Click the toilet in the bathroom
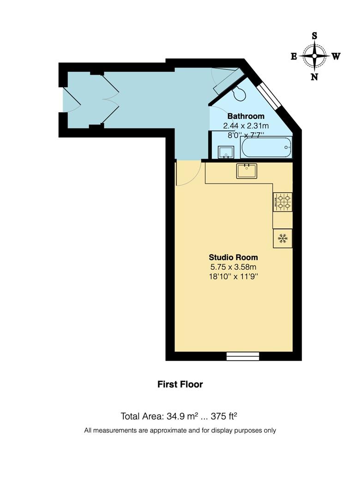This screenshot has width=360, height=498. tap(239, 94)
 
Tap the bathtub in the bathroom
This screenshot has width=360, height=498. tap(266, 148)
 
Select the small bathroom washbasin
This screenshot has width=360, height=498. tap(226, 152)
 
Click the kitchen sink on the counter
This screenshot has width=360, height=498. tap(246, 171)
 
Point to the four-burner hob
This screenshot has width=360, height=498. tap(282, 202)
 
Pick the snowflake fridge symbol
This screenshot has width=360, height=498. tap(282, 238)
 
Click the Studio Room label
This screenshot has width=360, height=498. tap(233, 257)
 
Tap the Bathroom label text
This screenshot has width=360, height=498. tap(246, 116)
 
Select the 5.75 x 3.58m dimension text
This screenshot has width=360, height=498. tap(233, 267)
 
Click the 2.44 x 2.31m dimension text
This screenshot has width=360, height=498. tap(246, 126)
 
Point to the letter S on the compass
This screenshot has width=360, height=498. tap(314, 36)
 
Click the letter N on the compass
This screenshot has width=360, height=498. tap(314, 77)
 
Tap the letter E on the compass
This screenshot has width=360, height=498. tap(294, 56)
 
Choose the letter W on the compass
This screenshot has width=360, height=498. tap(336, 57)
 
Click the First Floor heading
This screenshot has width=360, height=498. tap(180, 384)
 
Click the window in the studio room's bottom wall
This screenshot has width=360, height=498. tap(243, 356)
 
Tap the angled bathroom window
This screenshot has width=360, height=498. tap(270, 95)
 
